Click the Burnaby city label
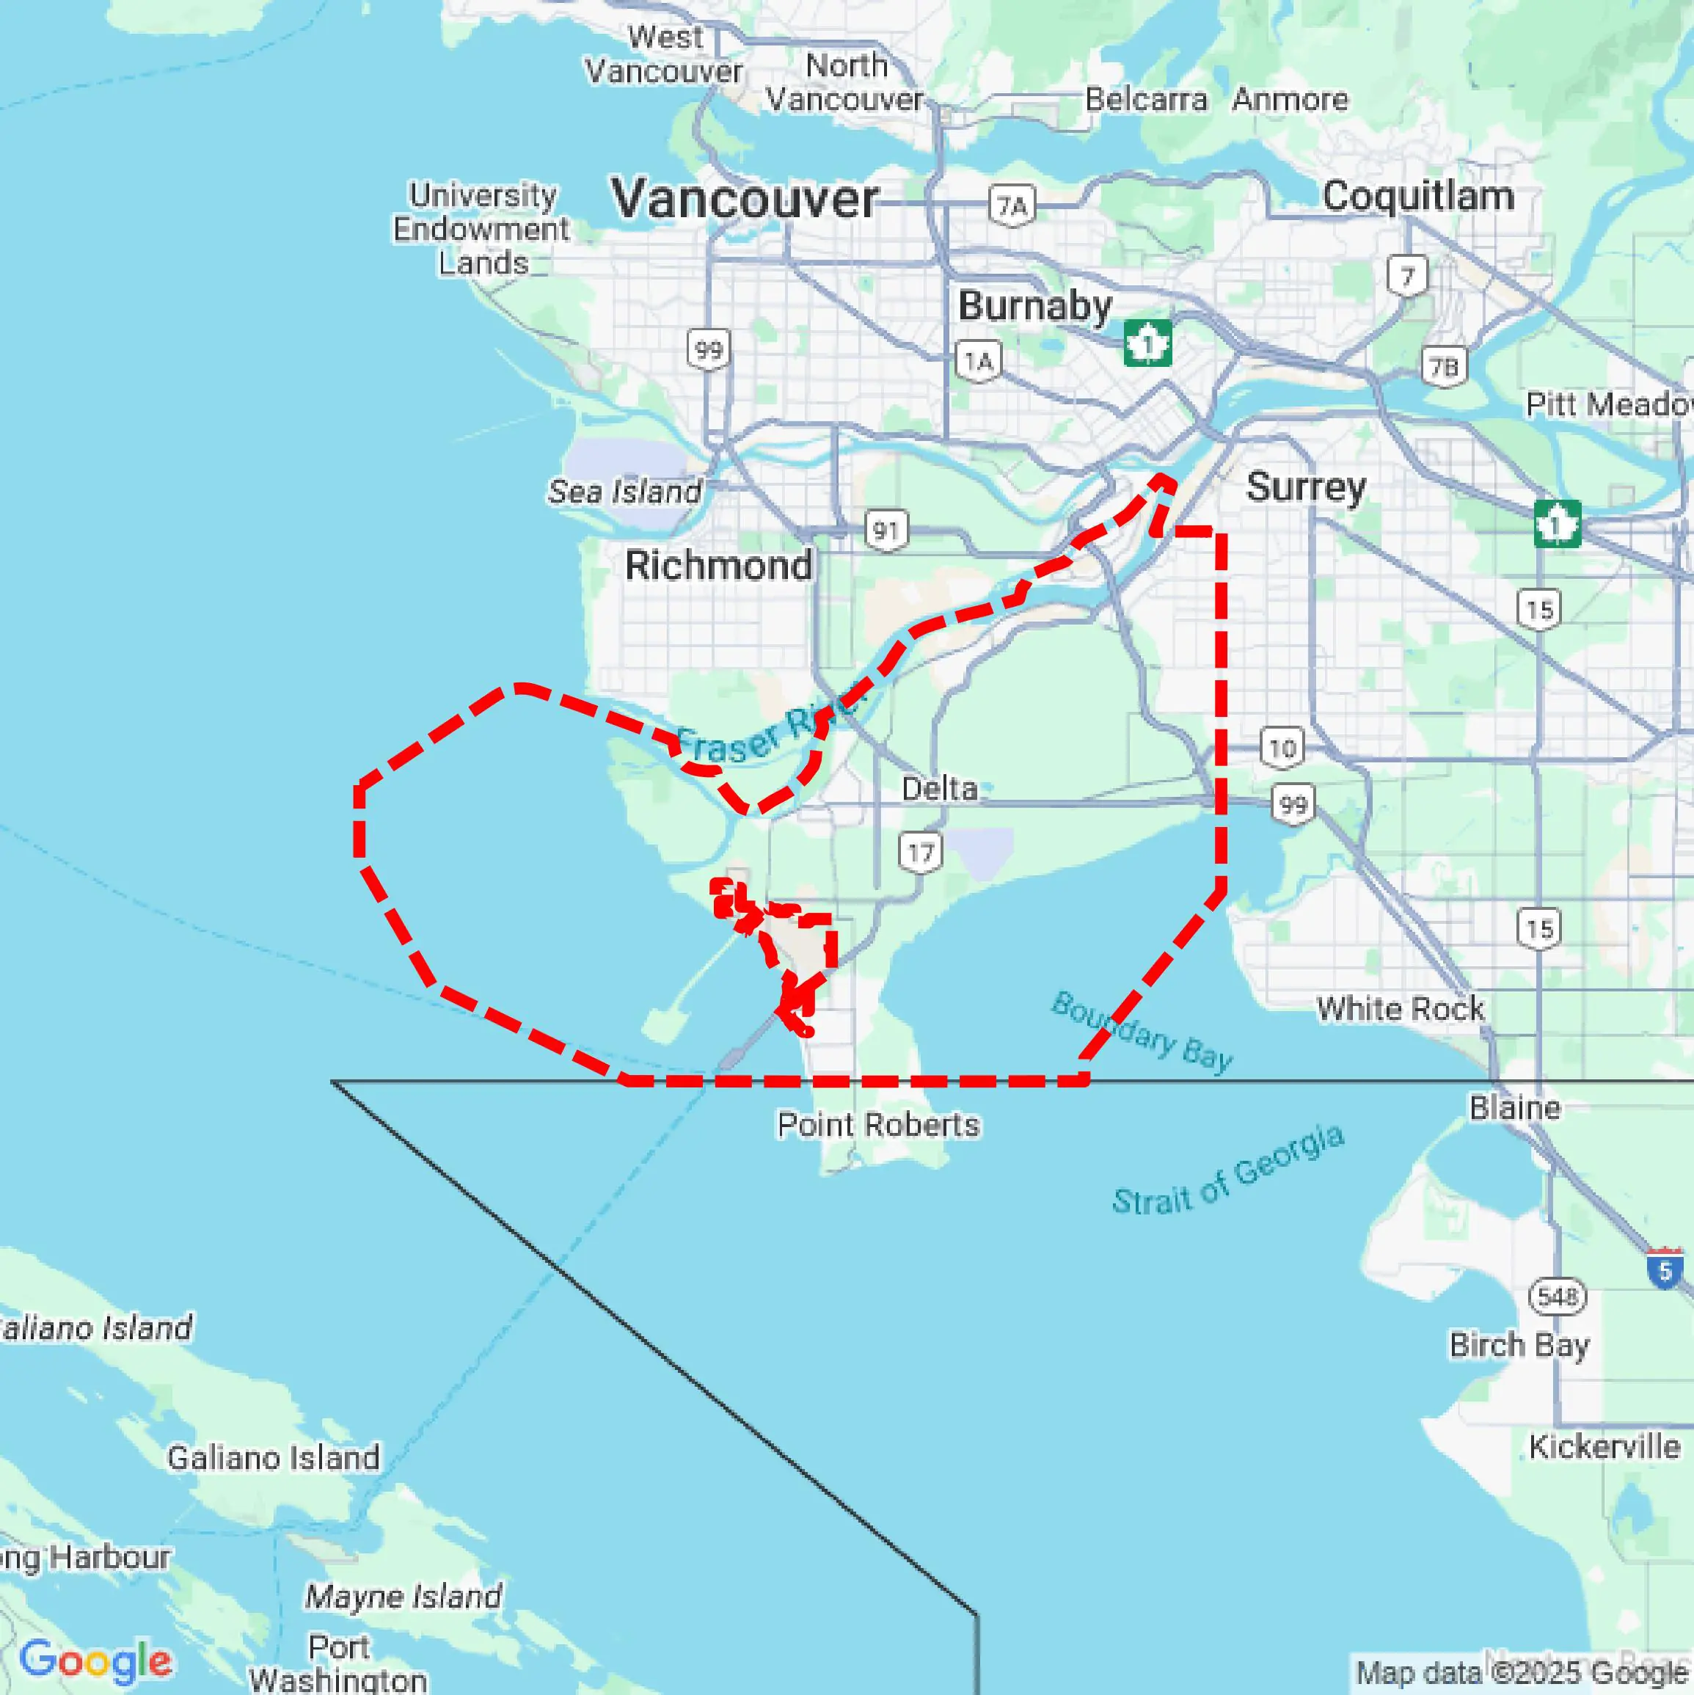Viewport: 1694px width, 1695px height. click(1034, 306)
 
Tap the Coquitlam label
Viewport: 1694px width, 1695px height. click(1417, 196)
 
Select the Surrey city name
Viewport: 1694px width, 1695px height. click(1305, 487)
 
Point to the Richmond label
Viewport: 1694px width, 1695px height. click(718, 566)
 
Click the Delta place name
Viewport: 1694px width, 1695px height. click(938, 789)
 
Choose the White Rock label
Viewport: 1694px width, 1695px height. click(1400, 1009)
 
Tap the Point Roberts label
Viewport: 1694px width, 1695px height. click(878, 1125)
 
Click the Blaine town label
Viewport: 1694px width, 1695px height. click(1515, 1107)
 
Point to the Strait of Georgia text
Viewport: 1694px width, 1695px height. click(1228, 1170)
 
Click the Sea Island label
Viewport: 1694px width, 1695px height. click(624, 492)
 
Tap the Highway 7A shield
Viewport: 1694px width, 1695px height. click(1012, 206)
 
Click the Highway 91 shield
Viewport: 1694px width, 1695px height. click(886, 531)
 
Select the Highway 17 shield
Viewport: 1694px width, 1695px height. click(920, 853)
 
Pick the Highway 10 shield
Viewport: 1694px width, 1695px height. click(1282, 748)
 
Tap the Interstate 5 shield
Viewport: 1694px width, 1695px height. click(1664, 1269)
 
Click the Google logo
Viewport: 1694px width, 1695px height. click(95, 1661)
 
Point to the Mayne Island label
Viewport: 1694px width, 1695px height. click(404, 1596)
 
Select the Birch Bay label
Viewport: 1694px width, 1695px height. click(1519, 1345)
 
